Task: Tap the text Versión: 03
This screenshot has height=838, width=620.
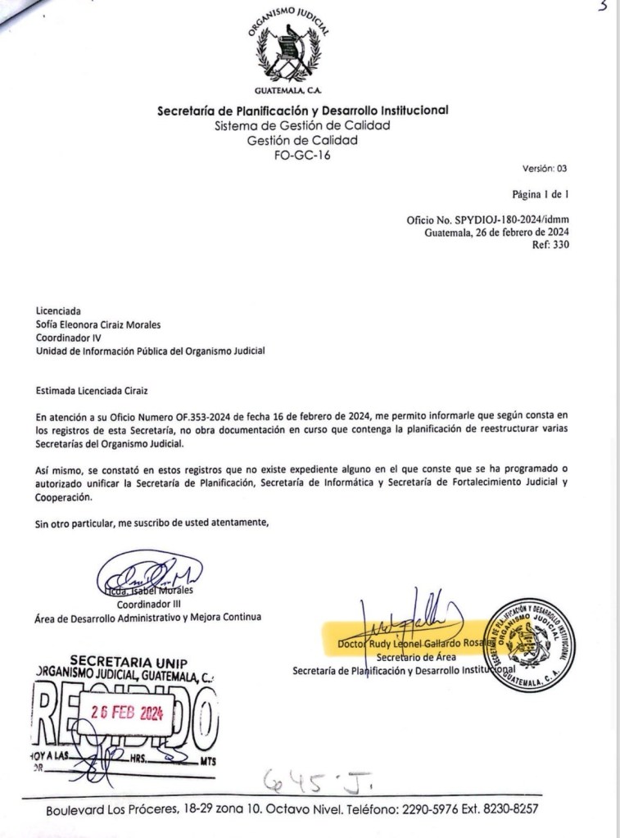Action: click(544, 170)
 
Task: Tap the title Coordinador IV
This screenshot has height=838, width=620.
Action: click(69, 336)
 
